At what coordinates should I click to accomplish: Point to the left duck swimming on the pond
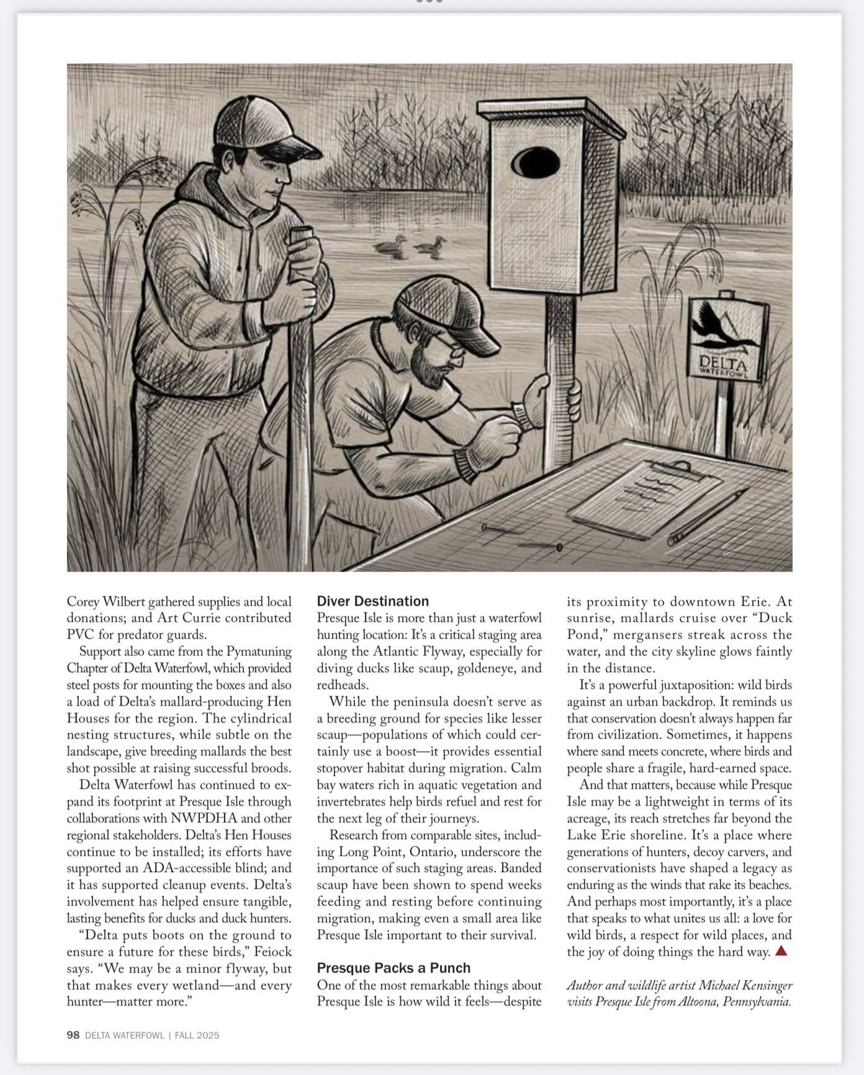[x=389, y=246]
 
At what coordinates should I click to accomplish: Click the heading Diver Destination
[x=372, y=601]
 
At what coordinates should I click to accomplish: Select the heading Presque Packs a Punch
[x=394, y=968]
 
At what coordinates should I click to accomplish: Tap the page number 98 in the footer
[x=73, y=1035]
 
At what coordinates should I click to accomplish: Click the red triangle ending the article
[x=781, y=950]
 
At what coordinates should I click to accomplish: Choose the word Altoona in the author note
[x=693, y=1002]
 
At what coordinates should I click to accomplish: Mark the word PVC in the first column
[x=80, y=634]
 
